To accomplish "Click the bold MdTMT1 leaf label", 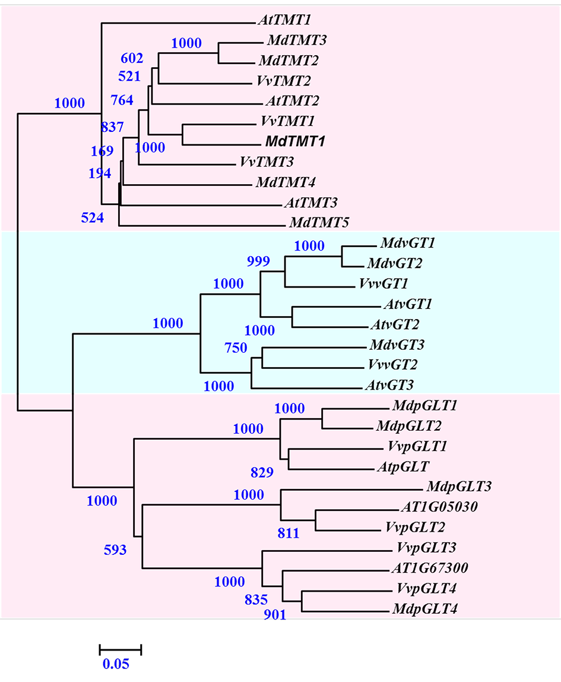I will click(x=293, y=141).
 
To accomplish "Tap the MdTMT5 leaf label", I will click(x=319, y=223).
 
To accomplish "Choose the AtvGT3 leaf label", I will click(x=388, y=385).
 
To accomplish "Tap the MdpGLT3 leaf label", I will click(x=459, y=487).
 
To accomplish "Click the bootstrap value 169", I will click(x=102, y=151).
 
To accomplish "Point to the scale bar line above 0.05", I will click(x=121, y=649).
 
